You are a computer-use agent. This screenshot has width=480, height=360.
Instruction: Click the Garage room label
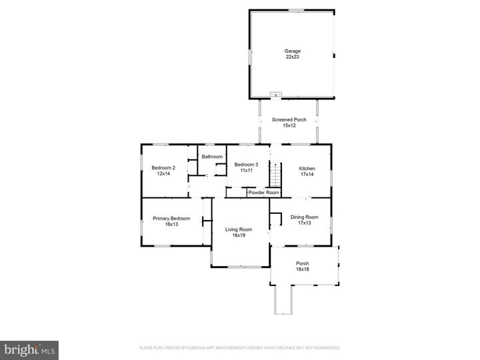(293, 51)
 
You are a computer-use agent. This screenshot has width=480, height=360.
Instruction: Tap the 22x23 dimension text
(293, 57)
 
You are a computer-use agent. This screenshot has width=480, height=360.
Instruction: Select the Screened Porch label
(289, 120)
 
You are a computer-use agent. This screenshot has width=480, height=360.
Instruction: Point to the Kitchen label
(307, 169)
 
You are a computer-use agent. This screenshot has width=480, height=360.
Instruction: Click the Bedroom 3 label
(246, 165)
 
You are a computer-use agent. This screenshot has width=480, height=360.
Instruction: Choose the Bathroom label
(212, 157)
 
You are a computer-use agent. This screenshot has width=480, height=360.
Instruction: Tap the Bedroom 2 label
(163, 167)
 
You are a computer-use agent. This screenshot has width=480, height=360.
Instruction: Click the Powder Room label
(263, 193)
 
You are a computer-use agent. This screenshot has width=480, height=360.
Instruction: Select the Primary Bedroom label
(171, 219)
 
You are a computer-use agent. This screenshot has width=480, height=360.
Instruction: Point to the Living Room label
(238, 229)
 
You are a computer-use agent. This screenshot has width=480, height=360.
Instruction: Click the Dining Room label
(304, 217)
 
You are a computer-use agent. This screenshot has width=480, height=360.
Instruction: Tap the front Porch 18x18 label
(302, 266)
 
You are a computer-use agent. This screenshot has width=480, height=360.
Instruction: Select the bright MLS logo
(29, 350)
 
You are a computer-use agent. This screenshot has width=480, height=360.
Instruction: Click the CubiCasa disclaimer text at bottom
(239, 347)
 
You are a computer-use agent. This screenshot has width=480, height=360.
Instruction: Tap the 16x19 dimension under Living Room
(238, 235)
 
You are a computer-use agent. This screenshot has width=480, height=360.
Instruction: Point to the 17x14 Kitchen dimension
(307, 175)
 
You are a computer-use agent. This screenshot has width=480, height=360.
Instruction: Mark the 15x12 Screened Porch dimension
(289, 126)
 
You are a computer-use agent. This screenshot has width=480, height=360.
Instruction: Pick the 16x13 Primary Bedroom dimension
(171, 225)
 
